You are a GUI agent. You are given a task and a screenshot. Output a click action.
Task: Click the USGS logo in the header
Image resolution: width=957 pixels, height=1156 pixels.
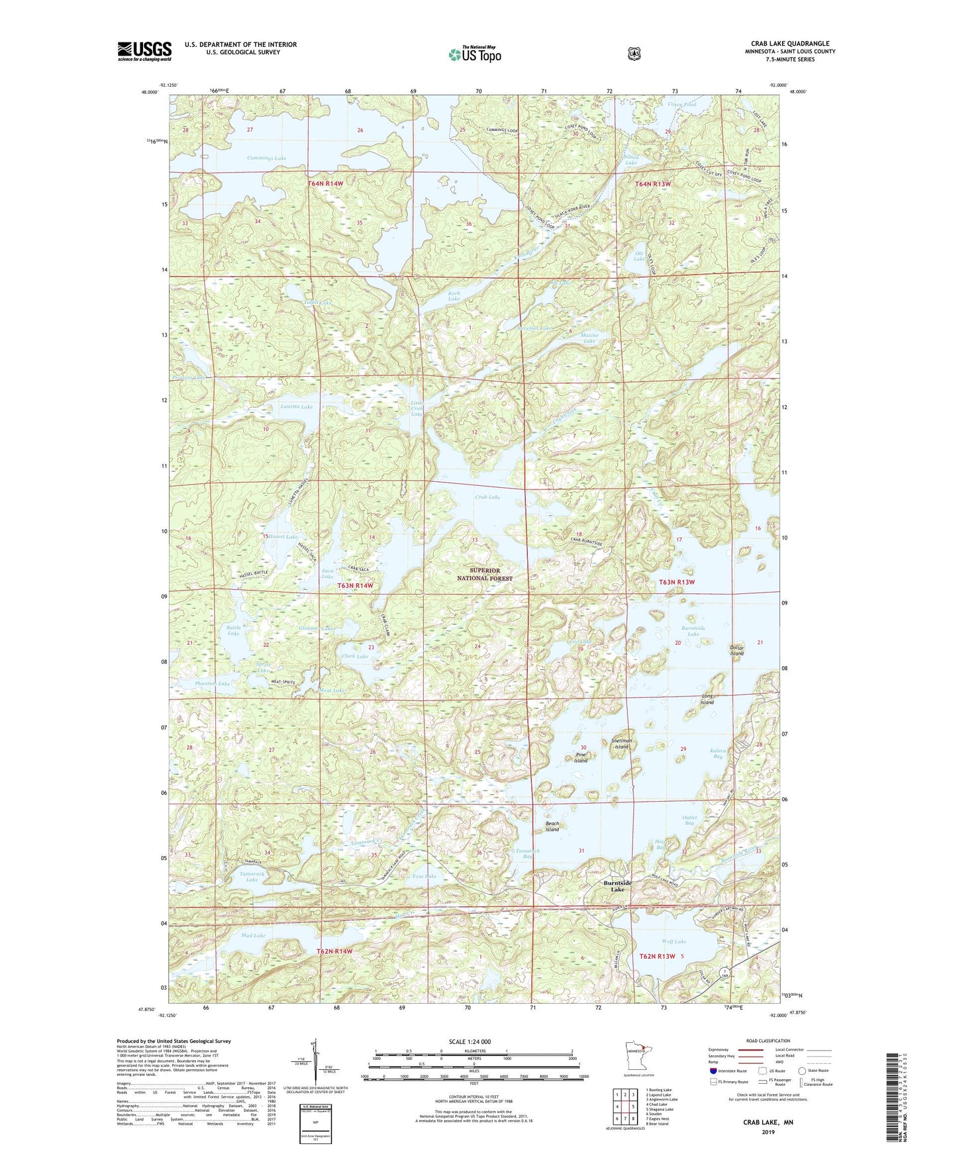click(x=144, y=51)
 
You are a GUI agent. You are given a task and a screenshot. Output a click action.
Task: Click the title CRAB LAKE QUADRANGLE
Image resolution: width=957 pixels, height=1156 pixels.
click(x=789, y=44)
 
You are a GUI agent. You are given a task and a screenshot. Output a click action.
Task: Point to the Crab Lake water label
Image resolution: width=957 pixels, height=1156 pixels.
click(x=487, y=497)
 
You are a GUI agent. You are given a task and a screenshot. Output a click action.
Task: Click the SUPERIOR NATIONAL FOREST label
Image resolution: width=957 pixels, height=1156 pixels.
click(x=485, y=574)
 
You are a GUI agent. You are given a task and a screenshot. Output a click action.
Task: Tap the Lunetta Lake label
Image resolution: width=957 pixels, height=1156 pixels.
click(x=296, y=407)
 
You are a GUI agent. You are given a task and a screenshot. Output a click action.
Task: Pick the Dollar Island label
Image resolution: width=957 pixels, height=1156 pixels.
click(x=736, y=650)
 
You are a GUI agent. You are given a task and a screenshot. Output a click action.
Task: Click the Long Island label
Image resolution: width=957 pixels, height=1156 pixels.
click(x=707, y=699)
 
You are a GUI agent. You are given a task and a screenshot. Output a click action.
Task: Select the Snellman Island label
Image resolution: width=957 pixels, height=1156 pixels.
click(x=621, y=744)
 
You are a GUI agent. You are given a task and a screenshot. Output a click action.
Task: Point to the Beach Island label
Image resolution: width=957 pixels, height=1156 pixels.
click(x=552, y=826)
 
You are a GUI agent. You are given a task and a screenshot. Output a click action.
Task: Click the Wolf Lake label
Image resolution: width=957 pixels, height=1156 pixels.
click(x=674, y=941)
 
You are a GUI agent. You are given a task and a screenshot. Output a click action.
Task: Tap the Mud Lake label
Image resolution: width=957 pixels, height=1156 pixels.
click(x=253, y=936)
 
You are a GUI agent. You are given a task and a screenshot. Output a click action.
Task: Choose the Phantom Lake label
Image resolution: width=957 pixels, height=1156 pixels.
click(x=212, y=683)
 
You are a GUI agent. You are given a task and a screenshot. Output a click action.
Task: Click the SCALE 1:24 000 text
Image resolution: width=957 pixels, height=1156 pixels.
click(x=470, y=1041)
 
